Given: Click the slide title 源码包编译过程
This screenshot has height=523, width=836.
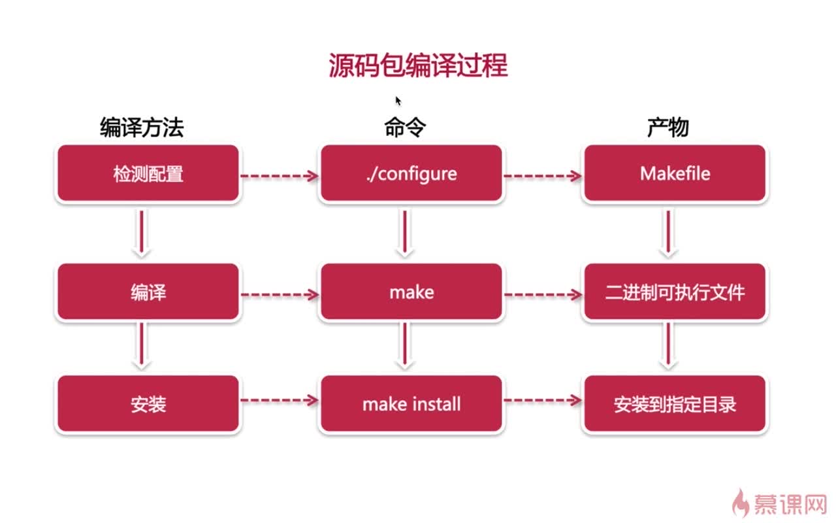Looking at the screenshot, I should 418,66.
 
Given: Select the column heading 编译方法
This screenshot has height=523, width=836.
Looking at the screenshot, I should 142,127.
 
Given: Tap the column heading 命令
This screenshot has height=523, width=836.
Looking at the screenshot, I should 405,127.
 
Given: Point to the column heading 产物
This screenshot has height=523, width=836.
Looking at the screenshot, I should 667,127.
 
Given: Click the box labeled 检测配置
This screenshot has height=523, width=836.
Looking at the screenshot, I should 148,174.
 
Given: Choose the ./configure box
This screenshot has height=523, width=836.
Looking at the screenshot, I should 411,174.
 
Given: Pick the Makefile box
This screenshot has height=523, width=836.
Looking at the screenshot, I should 675,174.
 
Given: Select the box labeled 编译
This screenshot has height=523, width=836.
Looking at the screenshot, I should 148,292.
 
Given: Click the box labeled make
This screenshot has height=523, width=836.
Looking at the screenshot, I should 411,292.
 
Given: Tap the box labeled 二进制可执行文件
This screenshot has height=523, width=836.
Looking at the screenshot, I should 675,292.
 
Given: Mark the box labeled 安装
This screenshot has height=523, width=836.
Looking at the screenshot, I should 148,404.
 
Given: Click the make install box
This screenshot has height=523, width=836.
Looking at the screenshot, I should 411,404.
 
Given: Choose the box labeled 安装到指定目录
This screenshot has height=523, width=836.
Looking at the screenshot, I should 675,404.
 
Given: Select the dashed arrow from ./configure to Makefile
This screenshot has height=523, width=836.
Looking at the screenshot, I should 543,175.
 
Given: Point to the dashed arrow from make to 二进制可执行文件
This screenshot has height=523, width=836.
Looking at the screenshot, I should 543,295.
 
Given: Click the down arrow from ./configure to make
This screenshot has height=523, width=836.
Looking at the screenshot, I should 405,232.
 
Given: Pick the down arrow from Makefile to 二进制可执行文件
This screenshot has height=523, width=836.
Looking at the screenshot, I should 667,232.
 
